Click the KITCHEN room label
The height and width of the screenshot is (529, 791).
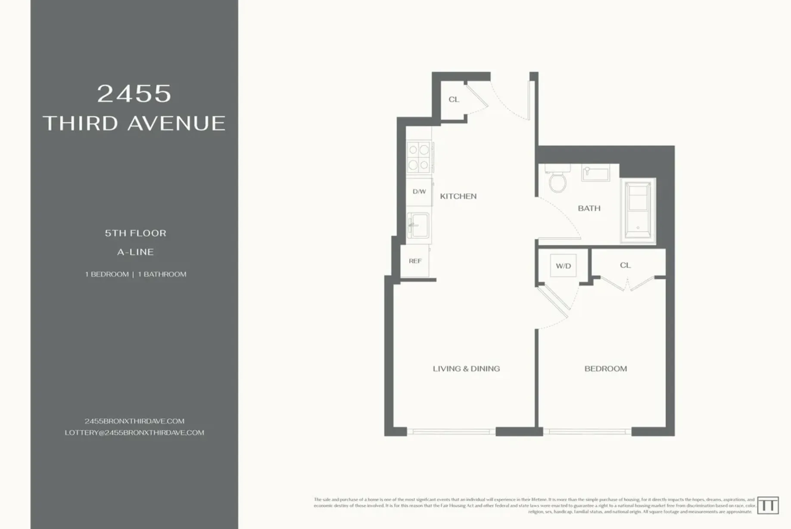(x=458, y=196)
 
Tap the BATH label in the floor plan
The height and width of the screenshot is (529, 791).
(x=589, y=208)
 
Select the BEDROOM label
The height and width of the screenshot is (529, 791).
(x=605, y=369)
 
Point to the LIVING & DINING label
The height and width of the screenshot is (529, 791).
(x=466, y=369)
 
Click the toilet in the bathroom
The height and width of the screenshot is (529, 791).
(x=557, y=180)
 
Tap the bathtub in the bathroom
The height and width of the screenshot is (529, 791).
(x=638, y=210)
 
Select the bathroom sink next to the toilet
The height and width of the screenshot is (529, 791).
(x=596, y=173)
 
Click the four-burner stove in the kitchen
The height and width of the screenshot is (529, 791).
(x=419, y=157)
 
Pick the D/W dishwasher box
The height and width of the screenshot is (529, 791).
(x=419, y=192)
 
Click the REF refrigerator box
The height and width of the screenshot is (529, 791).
(x=415, y=261)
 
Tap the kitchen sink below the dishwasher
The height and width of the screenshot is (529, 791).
(x=418, y=225)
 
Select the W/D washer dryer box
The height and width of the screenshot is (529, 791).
(x=563, y=266)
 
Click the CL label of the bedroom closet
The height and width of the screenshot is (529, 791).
(x=625, y=265)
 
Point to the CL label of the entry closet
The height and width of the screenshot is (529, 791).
(x=454, y=100)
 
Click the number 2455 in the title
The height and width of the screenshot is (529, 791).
(x=134, y=93)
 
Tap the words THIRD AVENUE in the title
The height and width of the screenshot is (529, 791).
(x=134, y=123)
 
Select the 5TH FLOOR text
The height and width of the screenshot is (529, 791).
(x=135, y=233)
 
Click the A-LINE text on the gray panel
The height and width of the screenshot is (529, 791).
(x=135, y=252)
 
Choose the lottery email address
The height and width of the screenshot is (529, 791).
(x=134, y=433)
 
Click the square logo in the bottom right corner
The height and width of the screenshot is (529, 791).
(x=767, y=505)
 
